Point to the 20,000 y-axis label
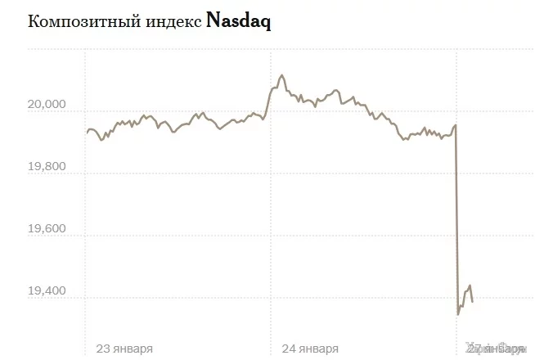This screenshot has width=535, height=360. tap(45, 104)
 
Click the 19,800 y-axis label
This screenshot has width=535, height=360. tap(45, 166)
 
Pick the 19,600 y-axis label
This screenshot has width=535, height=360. tap(45, 229)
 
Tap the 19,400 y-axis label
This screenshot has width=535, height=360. tap(45, 291)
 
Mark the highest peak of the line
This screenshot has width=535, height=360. tap(281, 74)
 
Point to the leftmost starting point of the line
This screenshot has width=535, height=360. tap(87, 132)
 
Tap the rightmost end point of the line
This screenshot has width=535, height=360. tap(473, 302)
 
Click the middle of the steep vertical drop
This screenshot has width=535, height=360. tap(456, 221)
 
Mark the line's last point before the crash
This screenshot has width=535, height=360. tap(456, 125)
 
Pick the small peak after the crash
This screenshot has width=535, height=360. tap(470, 286)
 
